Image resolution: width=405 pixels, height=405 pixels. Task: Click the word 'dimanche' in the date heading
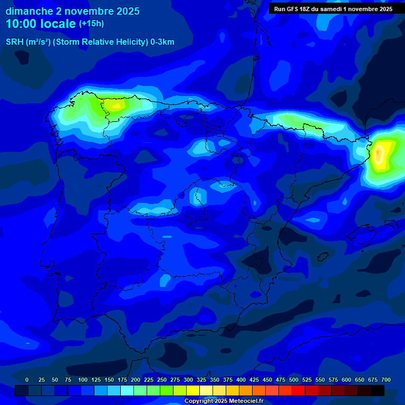pos(29,11)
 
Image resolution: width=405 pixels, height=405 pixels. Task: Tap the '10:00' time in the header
pos(22,24)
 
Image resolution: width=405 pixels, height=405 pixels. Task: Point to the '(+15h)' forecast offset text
pos(91,24)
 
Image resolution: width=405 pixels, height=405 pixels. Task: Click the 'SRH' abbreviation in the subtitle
pos(15,42)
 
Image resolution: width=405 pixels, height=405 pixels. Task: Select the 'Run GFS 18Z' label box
pos(333,8)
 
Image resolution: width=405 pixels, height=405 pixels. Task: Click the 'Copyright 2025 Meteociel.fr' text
pos(224,401)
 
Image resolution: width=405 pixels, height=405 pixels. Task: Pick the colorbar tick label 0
pos(27,380)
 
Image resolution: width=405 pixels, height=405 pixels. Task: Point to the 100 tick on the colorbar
pos(83,380)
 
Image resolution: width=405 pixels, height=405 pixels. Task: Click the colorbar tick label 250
pos(162,380)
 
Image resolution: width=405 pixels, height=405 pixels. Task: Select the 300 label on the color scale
pos(188,380)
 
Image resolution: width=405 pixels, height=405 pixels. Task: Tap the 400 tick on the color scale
pos(241,380)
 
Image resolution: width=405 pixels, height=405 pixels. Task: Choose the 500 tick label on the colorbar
pos(294,380)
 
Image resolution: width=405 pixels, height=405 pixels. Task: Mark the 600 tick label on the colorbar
pos(346,380)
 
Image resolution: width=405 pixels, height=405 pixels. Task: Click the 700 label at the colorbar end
pos(385,380)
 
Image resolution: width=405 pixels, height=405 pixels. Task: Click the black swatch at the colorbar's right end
pos(378,390)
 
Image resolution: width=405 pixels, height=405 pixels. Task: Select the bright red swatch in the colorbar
pos(298,390)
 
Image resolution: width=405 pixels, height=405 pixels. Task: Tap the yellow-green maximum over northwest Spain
pos(115,104)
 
